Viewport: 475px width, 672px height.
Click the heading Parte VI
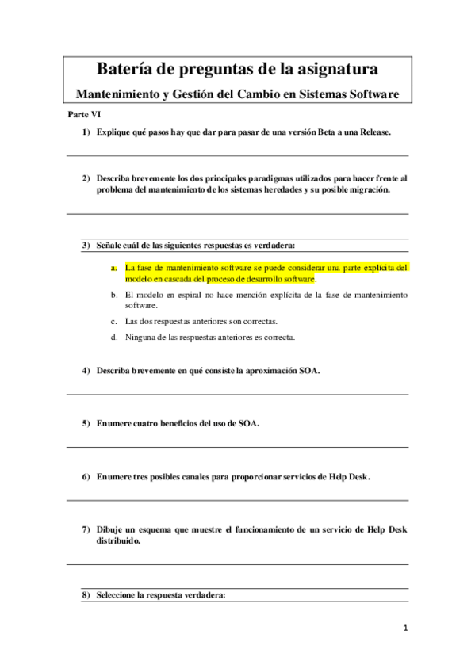click(x=83, y=115)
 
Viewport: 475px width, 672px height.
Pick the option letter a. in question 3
click(x=114, y=268)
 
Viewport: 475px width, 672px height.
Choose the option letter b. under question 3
click(x=114, y=294)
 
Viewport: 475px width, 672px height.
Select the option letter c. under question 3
click(x=114, y=321)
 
